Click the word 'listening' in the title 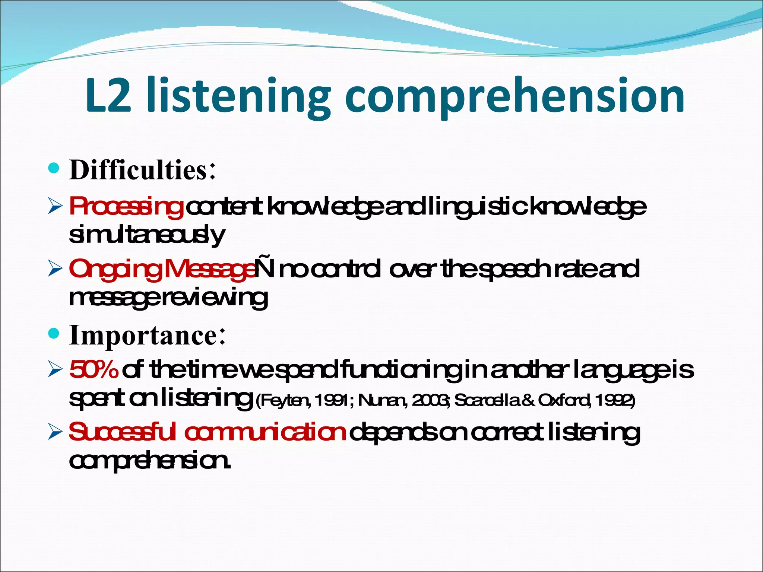238,97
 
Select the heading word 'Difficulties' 138,170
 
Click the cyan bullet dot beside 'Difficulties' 54,169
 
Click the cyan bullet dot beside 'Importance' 54,333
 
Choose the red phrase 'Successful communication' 207,432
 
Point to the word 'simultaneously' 147,235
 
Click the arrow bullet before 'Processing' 55,207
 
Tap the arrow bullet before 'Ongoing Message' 55,269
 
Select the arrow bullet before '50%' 55,370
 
